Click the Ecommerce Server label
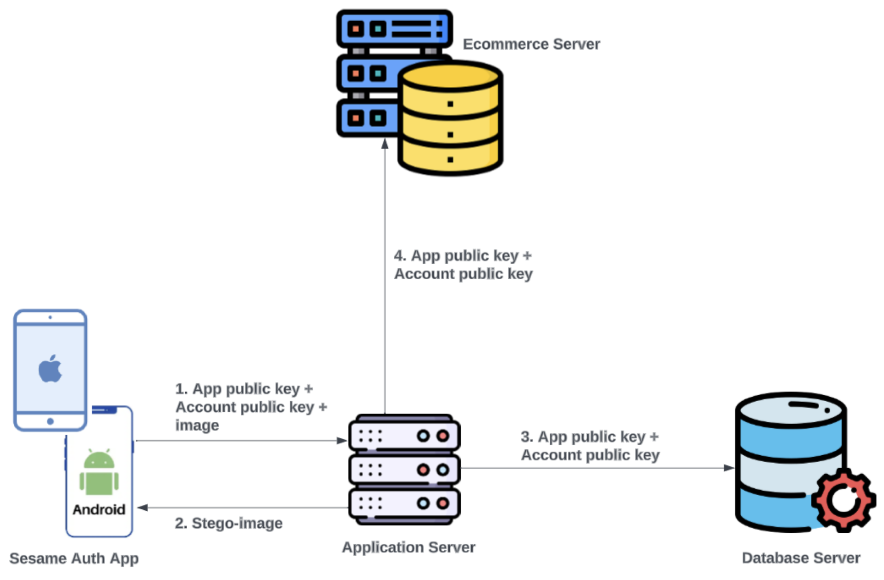531,44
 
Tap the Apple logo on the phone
50,369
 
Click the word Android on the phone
99,509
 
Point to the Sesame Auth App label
74,558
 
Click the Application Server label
408,547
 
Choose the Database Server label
801,558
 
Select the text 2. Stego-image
229,523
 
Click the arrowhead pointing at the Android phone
142,507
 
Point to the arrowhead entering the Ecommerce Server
385,144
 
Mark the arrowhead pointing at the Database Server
729,468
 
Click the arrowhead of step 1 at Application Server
342,441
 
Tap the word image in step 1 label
197,425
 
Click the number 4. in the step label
400,255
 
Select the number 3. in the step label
526,437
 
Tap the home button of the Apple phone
50,421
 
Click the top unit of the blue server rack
394,29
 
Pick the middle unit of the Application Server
404,470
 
